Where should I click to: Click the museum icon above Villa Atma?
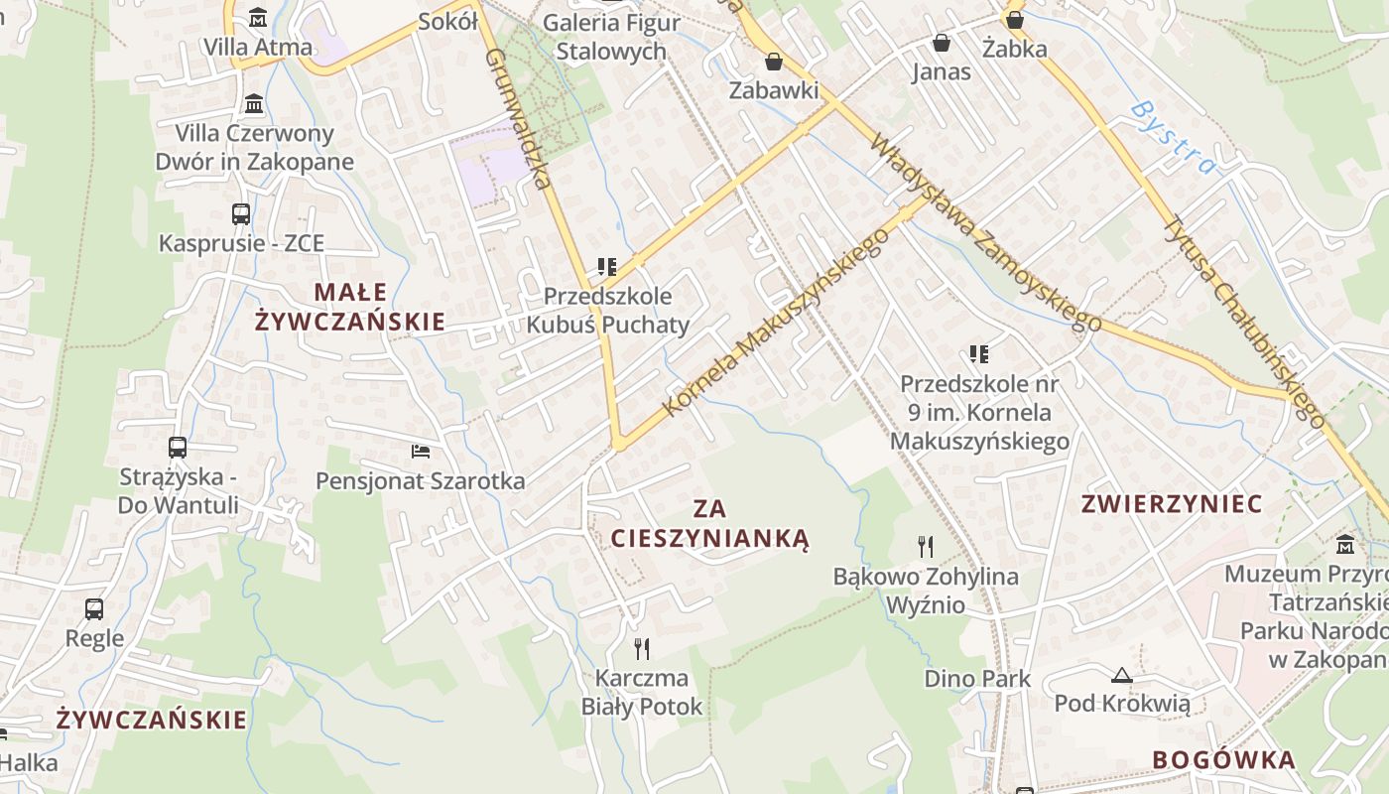258,17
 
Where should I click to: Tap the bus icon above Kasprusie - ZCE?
241,213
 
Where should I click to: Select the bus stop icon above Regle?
94,608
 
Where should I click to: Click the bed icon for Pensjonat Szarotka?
421,452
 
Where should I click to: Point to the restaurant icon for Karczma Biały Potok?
642,649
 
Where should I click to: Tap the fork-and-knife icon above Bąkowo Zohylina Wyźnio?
926,546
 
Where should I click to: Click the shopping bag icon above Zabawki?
774,62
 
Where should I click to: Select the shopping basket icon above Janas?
941,43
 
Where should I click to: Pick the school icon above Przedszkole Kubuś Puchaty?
607,267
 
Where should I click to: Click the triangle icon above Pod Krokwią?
1122,676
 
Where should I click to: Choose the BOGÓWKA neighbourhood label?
1223,760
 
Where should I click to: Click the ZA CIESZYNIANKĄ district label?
710,524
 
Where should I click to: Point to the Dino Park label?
977,679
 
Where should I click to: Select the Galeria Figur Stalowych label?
611,37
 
